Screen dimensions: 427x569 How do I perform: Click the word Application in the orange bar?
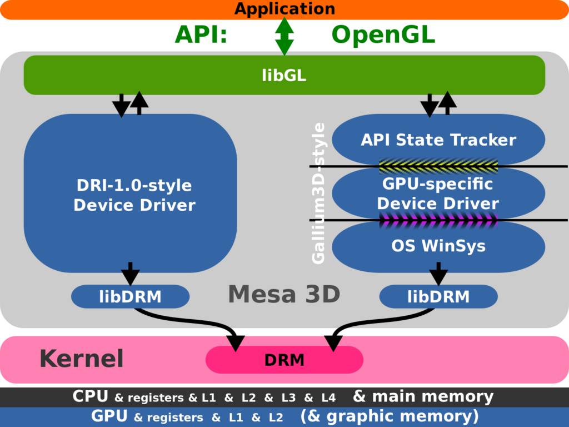coord(284,9)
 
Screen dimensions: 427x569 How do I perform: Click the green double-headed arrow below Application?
coord(284,36)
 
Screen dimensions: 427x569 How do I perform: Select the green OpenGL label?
coord(383,35)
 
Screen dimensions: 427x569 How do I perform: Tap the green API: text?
coord(201,35)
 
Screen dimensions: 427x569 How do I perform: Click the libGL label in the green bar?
coord(284,76)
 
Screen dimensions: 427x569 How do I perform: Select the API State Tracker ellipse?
coord(438,140)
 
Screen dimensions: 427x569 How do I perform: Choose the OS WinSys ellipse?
coord(438,245)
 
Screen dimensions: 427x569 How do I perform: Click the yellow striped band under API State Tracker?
coord(438,165)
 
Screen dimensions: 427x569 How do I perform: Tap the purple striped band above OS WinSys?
coord(438,220)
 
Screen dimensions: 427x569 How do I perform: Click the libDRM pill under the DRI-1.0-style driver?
coord(130,296)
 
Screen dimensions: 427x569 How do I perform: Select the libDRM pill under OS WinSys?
coord(438,296)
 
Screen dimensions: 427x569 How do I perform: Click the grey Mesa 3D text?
coord(284,294)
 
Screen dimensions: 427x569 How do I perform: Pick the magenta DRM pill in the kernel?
coord(284,360)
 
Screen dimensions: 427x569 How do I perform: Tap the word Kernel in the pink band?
coord(81,359)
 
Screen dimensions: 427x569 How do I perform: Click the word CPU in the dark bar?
coord(90,396)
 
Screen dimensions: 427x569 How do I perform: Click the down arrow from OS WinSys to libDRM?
coord(438,273)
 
